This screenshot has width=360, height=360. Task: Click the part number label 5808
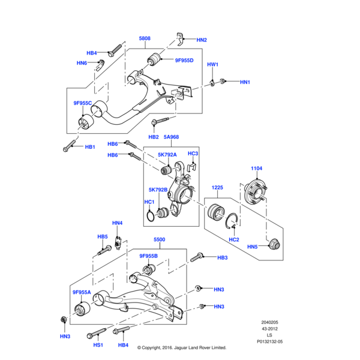(x=145, y=39)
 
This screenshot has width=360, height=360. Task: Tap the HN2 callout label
(x=202, y=40)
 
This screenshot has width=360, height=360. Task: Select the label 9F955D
(x=184, y=61)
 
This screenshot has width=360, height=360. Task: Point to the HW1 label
(x=213, y=64)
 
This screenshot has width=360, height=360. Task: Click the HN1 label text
(x=245, y=82)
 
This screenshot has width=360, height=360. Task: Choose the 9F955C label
(x=83, y=103)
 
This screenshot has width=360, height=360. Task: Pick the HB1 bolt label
(x=90, y=147)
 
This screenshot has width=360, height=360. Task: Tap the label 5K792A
(x=167, y=155)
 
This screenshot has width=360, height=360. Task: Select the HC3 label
(x=193, y=154)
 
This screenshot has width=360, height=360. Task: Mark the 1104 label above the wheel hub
(x=257, y=169)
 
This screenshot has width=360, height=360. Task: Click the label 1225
(x=217, y=188)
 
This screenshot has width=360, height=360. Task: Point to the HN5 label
(x=252, y=247)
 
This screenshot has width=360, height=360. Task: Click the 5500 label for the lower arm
(x=159, y=239)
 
